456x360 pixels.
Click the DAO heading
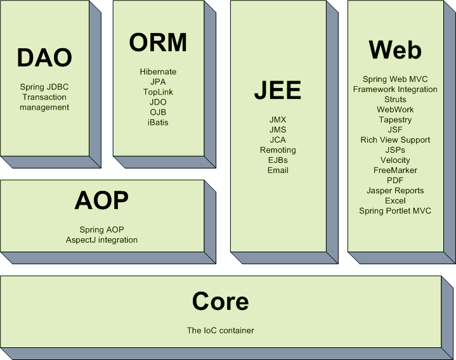click(44, 58)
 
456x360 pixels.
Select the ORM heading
click(158, 42)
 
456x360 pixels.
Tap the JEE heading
click(278, 91)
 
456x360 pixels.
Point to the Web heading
click(395, 49)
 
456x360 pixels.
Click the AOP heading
click(101, 200)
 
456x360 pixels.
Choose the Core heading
click(221, 301)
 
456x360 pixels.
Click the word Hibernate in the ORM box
click(158, 72)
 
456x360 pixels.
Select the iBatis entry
click(158, 122)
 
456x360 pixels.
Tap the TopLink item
click(158, 92)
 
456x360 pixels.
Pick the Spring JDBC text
click(44, 87)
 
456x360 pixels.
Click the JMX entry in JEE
click(278, 119)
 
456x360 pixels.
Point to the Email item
click(278, 170)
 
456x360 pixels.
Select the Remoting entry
click(278, 150)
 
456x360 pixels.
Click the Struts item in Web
click(395, 100)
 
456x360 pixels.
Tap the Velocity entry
click(395, 160)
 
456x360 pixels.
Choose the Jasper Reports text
click(395, 190)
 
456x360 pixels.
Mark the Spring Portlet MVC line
click(395, 210)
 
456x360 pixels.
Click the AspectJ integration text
click(101, 240)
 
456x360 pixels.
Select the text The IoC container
click(221, 330)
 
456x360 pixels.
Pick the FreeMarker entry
click(395, 170)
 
